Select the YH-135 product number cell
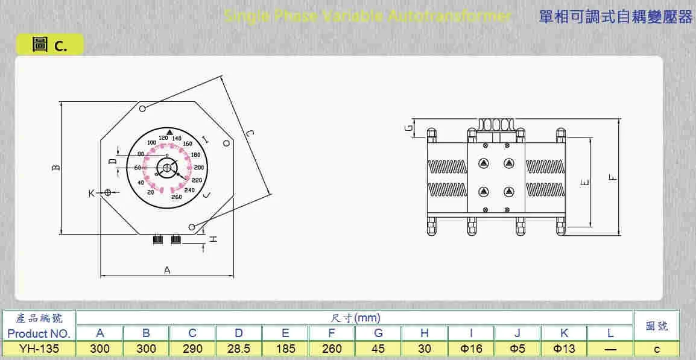(x=39, y=349)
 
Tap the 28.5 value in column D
(x=239, y=349)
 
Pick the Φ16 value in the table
(x=471, y=349)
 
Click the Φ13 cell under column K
(x=564, y=349)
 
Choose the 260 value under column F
(x=332, y=349)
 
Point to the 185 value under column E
(x=285, y=349)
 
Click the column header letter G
(x=378, y=333)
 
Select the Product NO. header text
(x=39, y=333)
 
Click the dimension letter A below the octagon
(x=167, y=271)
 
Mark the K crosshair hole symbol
(x=107, y=192)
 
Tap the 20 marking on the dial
(x=151, y=192)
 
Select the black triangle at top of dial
(x=169, y=131)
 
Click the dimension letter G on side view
(x=408, y=128)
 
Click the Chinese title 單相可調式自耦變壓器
(x=615, y=17)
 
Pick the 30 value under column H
(x=425, y=349)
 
